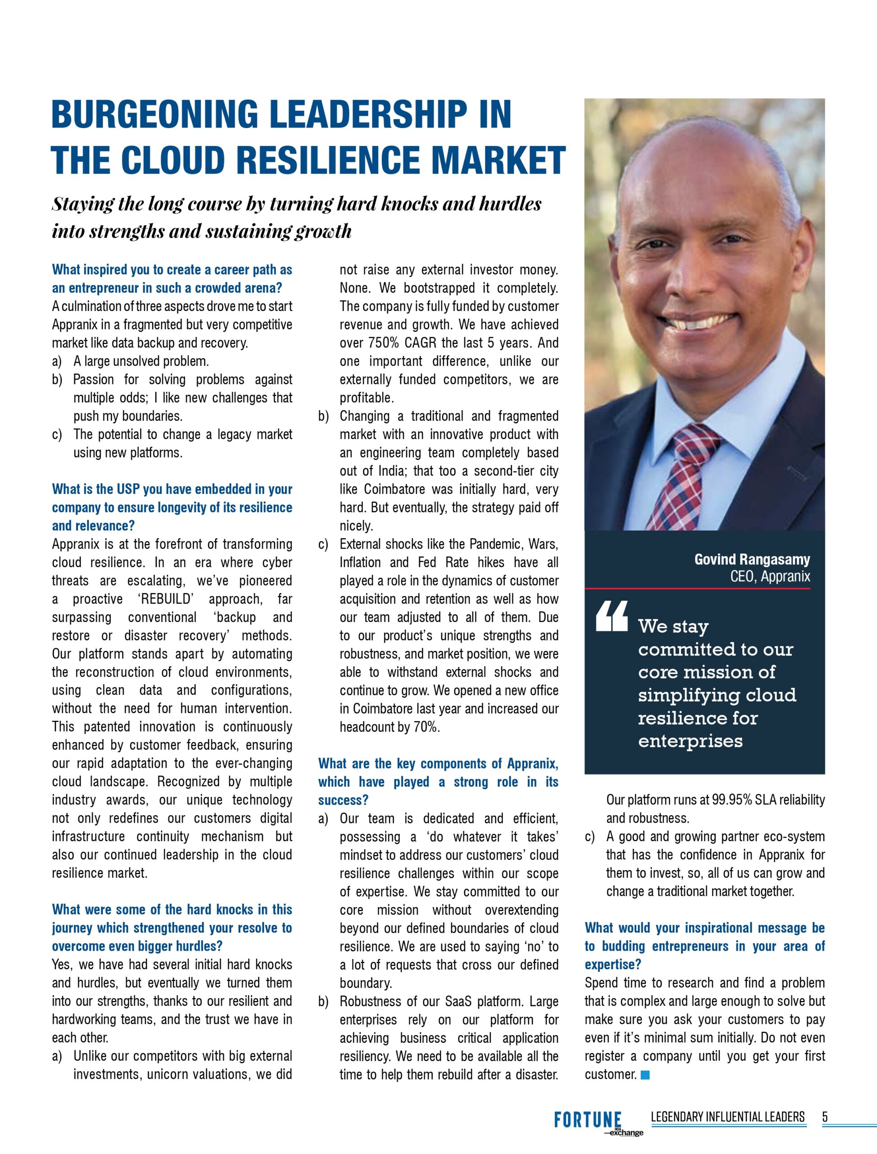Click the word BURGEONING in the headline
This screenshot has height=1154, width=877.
pyautogui.click(x=155, y=114)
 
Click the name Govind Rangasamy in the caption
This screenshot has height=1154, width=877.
pyautogui.click(x=752, y=559)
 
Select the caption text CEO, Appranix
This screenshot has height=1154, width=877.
pyautogui.click(x=770, y=577)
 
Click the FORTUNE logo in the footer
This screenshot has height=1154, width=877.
pyautogui.click(x=588, y=1121)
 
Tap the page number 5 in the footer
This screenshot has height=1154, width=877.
pyautogui.click(x=825, y=1117)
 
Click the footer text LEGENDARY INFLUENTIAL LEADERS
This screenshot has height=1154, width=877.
pyautogui.click(x=728, y=1117)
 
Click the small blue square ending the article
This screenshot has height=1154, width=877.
pyautogui.click(x=645, y=1075)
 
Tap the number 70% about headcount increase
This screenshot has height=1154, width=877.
pyautogui.click(x=425, y=727)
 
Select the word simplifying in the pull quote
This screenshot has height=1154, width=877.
pyautogui.click(x=681, y=696)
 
